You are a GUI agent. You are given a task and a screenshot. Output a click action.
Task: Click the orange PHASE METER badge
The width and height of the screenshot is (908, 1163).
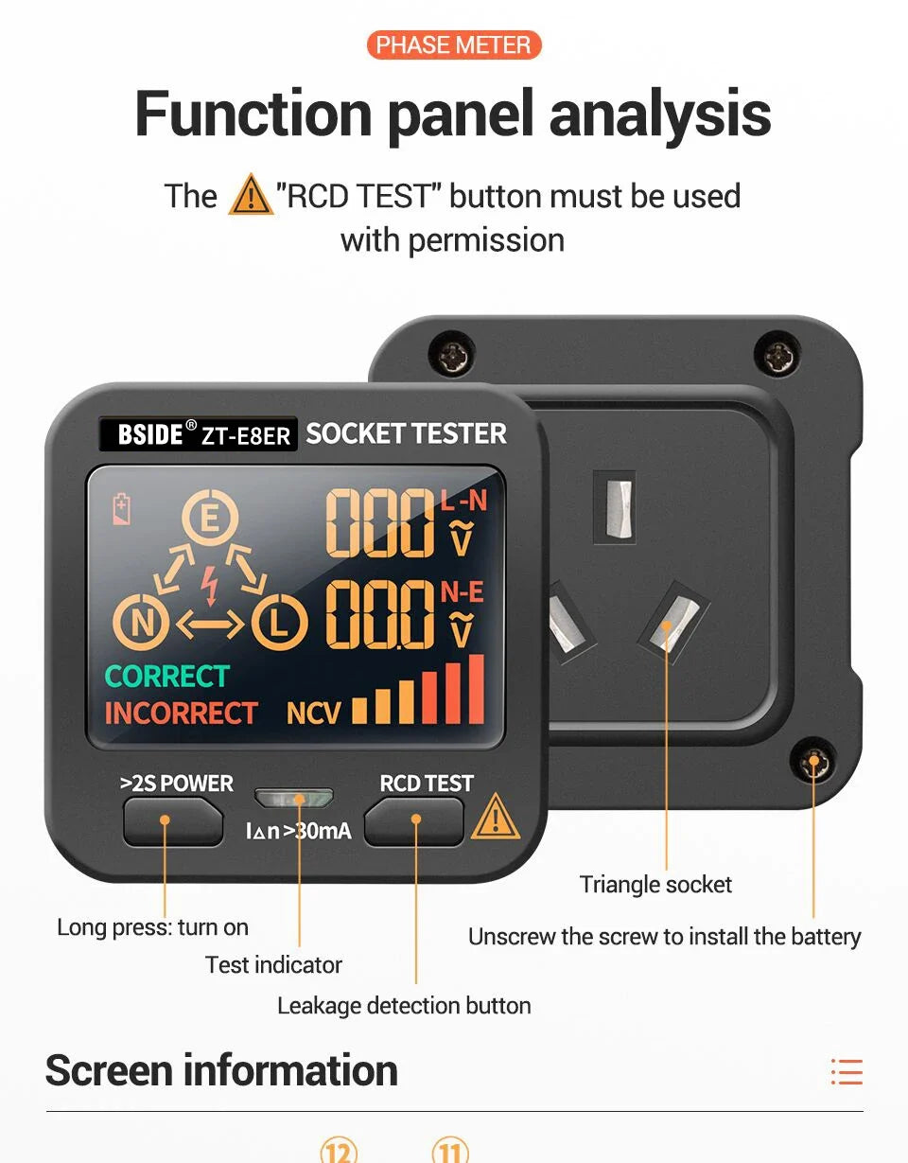[454, 45]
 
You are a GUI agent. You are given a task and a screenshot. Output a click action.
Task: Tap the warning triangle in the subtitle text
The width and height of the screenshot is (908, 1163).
[251, 195]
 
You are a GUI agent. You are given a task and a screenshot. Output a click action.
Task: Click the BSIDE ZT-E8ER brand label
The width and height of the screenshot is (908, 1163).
[198, 433]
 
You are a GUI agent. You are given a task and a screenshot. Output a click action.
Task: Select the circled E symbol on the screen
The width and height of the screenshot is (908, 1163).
[210, 517]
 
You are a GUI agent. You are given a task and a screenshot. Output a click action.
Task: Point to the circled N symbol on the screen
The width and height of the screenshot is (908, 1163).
[141, 622]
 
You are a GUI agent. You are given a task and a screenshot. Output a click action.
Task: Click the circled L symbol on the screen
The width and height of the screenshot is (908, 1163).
[280, 622]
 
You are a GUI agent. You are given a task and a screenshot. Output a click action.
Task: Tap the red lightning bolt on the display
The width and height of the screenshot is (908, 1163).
[210, 585]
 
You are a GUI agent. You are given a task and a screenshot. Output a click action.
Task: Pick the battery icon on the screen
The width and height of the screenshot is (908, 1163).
[122, 509]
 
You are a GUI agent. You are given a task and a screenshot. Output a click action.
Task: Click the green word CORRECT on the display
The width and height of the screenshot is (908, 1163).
[167, 676]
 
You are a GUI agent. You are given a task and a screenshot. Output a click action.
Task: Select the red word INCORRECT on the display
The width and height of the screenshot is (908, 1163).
[182, 713]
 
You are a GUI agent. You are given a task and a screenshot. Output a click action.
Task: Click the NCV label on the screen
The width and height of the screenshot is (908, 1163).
[313, 713]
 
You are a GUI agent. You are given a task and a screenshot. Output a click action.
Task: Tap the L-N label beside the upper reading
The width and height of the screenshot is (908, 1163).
[463, 501]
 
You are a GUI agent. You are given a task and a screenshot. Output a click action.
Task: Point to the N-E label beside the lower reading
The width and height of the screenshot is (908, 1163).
[463, 592]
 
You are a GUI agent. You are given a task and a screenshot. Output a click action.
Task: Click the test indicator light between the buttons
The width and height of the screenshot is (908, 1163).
[293, 799]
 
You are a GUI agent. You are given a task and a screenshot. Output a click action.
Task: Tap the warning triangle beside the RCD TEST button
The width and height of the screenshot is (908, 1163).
[496, 817]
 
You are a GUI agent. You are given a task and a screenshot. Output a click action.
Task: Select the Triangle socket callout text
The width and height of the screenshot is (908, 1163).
[655, 884]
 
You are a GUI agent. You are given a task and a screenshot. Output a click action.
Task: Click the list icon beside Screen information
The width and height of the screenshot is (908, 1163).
[847, 1071]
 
